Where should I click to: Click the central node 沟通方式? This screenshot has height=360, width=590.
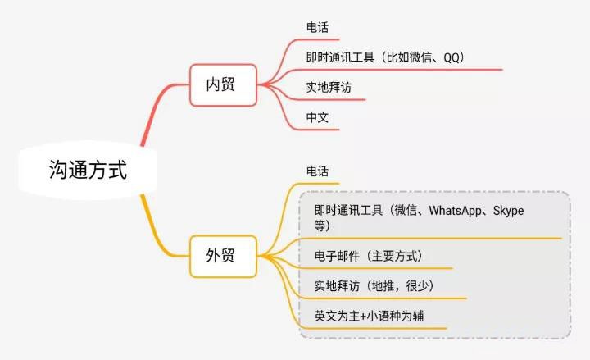86,171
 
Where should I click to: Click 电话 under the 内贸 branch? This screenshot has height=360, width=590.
317,27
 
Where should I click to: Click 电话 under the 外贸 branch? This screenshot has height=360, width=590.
317,171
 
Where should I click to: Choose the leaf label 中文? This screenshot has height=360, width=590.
317,117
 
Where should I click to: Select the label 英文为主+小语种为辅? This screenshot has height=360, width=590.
369,316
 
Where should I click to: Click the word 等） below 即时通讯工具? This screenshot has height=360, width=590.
323,226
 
